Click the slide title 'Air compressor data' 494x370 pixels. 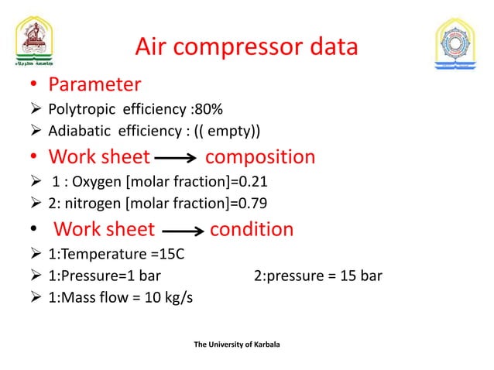click(x=246, y=47)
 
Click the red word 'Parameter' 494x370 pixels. click(x=94, y=83)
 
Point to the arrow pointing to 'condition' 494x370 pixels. click(x=182, y=231)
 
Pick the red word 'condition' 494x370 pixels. click(x=252, y=229)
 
